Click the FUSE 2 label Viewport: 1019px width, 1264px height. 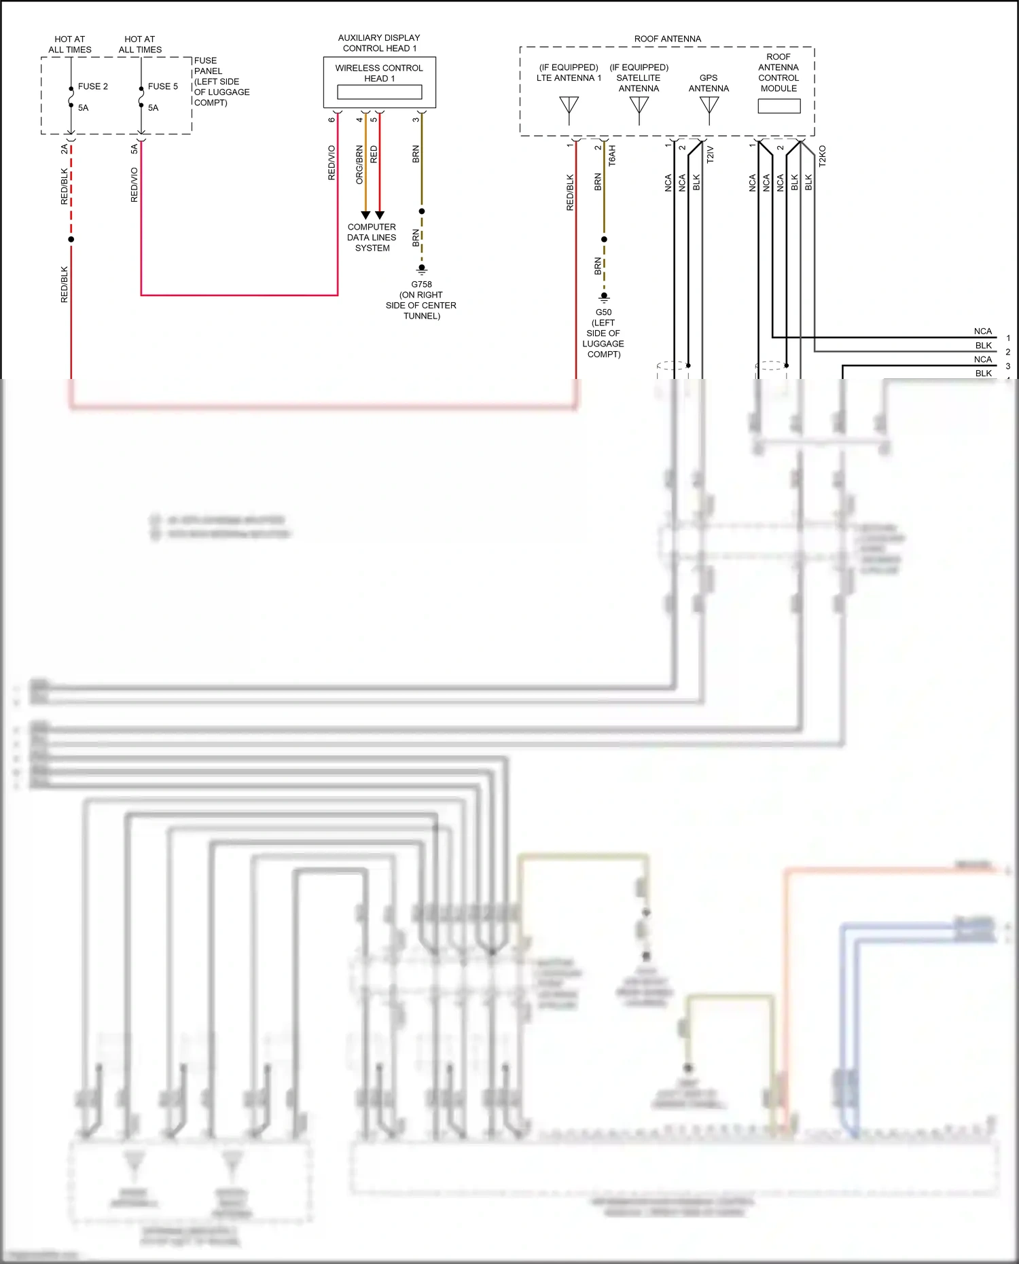click(x=92, y=86)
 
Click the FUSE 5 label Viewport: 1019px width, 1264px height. click(x=162, y=86)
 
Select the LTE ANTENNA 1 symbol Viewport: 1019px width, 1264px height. click(x=569, y=109)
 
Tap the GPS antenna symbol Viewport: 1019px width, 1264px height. click(x=709, y=109)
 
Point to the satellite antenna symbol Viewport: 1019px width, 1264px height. click(x=639, y=109)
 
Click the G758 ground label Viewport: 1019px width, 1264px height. click(x=421, y=285)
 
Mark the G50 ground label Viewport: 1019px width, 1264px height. click(x=603, y=312)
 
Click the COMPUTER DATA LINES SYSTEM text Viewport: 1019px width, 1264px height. click(x=372, y=238)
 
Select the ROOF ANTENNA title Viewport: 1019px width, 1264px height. click(x=667, y=39)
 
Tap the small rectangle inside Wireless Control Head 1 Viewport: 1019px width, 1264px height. click(x=379, y=92)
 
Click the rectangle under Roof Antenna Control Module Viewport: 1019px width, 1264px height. click(x=779, y=106)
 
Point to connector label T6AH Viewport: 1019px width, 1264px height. click(x=612, y=156)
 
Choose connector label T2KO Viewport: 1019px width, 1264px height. click(x=822, y=156)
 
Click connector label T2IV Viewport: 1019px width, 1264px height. click(x=710, y=154)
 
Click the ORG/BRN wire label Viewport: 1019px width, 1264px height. click(x=359, y=164)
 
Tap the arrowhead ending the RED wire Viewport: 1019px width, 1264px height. click(x=380, y=215)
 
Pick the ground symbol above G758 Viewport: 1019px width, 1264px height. click(x=421, y=269)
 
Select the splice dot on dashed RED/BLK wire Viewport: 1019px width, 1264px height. click(x=71, y=239)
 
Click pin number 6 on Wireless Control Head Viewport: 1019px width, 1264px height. click(x=332, y=120)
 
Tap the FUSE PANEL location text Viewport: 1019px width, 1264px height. click(x=221, y=82)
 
